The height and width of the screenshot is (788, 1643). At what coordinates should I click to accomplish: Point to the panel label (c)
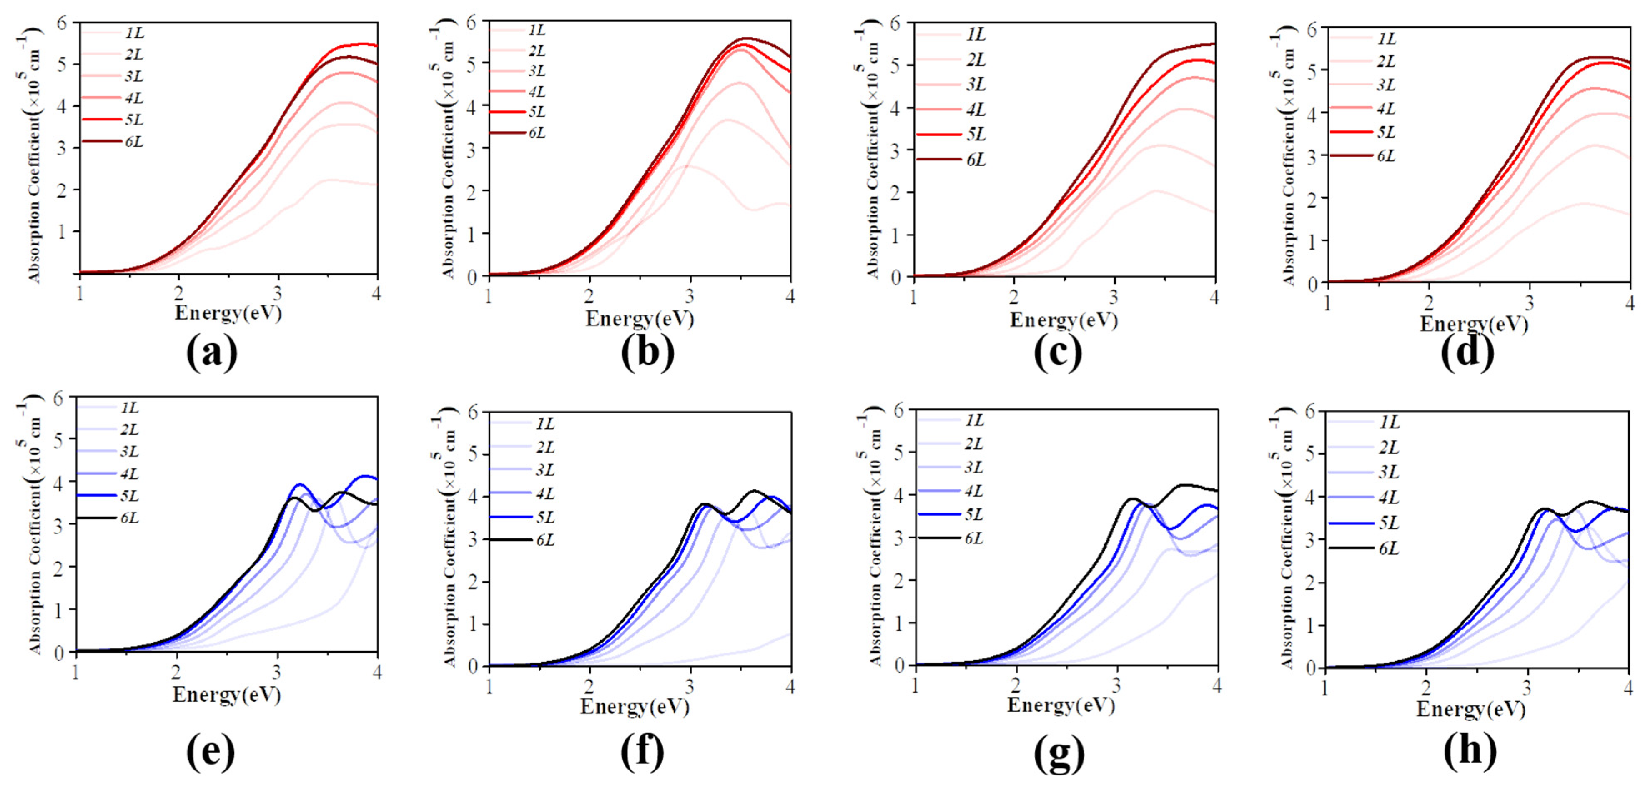coord(1058,353)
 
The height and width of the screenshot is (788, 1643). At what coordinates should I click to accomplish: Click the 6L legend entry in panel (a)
coord(133,142)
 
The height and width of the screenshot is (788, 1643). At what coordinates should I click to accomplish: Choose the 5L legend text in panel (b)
coord(537,112)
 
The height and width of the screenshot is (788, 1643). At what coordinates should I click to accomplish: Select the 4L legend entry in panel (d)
coord(1385,108)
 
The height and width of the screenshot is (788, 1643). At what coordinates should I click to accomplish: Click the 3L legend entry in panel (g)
coord(973,467)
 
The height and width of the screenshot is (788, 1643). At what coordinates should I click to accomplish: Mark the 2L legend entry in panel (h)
coord(1389,448)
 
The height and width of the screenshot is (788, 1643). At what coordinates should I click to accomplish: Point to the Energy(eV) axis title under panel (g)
coord(1061,705)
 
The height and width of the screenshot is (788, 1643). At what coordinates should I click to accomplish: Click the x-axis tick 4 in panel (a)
coord(377,294)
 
